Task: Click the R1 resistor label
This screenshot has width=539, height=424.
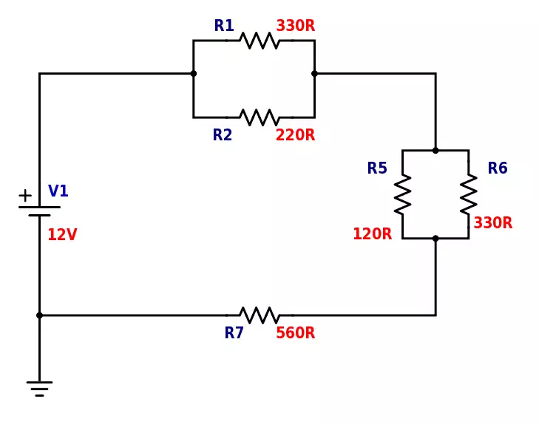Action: (x=224, y=25)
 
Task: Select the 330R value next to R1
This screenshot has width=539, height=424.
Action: (x=296, y=25)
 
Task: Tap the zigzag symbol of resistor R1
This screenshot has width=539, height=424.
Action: (x=260, y=41)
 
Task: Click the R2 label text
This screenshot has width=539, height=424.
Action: (x=223, y=134)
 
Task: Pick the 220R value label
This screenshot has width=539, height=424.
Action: (x=295, y=134)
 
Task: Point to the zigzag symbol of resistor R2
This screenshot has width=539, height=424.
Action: (x=260, y=117)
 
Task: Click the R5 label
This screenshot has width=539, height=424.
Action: (x=377, y=168)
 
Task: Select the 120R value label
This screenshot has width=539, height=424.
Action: (x=373, y=234)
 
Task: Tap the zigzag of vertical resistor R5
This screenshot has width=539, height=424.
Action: (x=402, y=195)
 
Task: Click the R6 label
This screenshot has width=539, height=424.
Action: (x=498, y=168)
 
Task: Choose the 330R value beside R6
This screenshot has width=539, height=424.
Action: (x=493, y=223)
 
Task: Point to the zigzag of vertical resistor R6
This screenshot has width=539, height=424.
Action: (x=469, y=195)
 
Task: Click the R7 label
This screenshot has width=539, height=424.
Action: (x=234, y=332)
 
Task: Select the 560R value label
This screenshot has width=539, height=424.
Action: (x=296, y=332)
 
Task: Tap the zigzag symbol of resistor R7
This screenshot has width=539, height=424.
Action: (x=260, y=315)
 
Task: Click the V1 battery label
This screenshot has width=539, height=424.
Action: (x=58, y=191)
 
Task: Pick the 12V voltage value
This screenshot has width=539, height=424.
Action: (x=62, y=234)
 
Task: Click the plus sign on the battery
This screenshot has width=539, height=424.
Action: (x=25, y=196)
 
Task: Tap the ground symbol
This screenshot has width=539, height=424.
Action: (x=39, y=389)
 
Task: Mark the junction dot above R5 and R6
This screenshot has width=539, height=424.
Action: (x=435, y=151)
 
